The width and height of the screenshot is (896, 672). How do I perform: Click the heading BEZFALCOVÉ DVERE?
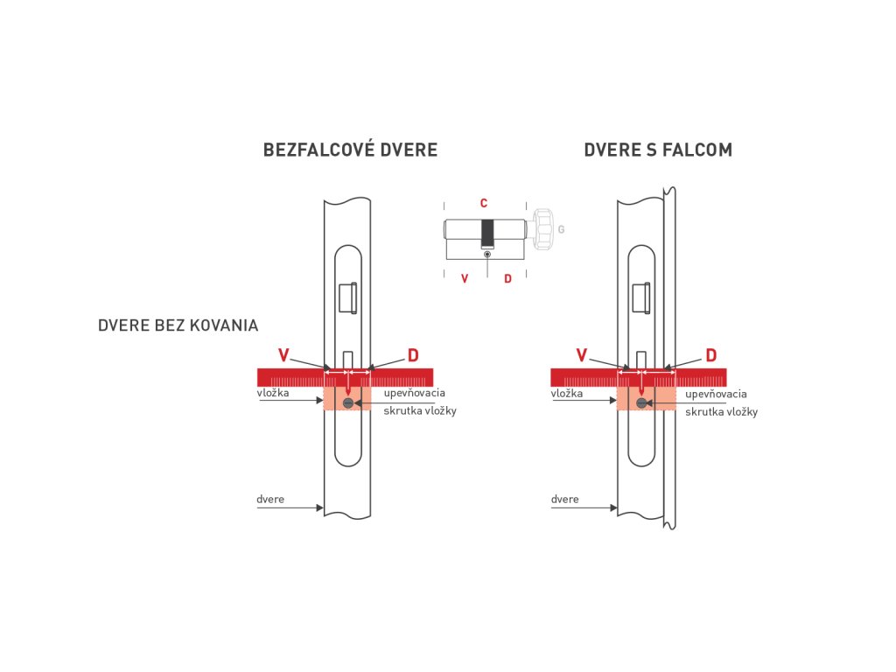350,150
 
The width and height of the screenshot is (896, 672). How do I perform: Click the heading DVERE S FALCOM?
658,150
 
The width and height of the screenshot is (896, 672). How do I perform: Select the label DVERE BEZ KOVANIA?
178,325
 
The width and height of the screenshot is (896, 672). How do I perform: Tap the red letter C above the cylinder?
484,203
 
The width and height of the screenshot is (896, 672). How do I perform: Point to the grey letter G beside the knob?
561,230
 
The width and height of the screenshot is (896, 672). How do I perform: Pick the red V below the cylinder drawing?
465,278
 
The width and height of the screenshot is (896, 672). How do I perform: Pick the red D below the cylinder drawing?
507,278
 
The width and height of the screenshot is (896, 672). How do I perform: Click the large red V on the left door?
283,354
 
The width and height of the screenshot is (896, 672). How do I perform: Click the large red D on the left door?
413,354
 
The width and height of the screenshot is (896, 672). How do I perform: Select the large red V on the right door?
581,354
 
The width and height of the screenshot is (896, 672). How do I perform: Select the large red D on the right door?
711,354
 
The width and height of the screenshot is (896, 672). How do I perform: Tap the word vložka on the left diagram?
273,394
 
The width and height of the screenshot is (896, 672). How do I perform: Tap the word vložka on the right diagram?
567,394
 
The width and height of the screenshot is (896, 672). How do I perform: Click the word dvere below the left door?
270,500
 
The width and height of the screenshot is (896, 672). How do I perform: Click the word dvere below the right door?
565,500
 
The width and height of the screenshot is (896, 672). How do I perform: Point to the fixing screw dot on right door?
641,402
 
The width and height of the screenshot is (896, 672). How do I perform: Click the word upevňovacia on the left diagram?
415,393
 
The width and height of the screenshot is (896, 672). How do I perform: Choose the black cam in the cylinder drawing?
487,232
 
